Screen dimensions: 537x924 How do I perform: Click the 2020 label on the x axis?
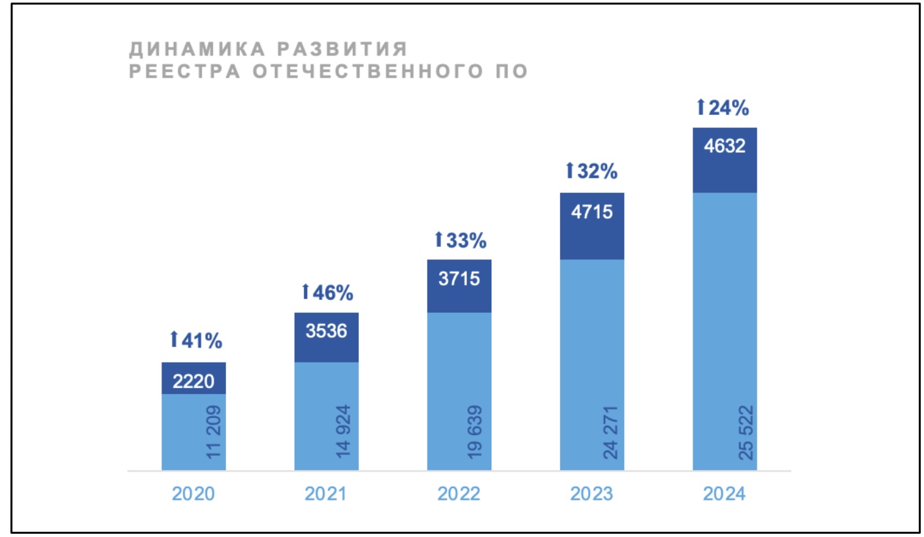pos(193,493)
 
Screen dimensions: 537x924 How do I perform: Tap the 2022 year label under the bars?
pos(459,493)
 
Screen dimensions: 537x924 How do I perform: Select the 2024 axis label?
pos(724,493)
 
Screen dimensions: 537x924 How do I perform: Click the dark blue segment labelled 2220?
pos(193,380)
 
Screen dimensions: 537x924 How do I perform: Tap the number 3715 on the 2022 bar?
pos(459,279)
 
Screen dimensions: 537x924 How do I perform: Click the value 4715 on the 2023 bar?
pos(591,212)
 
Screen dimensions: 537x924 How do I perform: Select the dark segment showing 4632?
pos(724,146)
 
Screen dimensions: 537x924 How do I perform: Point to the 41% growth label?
pos(196,340)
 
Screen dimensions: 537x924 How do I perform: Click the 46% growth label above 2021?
pos(327,292)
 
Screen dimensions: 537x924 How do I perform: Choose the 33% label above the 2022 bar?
pos(461,240)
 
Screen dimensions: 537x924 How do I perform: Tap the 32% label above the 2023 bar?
pos(591,171)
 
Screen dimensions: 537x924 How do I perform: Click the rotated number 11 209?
pos(214,432)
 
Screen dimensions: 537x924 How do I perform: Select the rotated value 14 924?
pos(346,432)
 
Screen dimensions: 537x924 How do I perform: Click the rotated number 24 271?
pos(611,432)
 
